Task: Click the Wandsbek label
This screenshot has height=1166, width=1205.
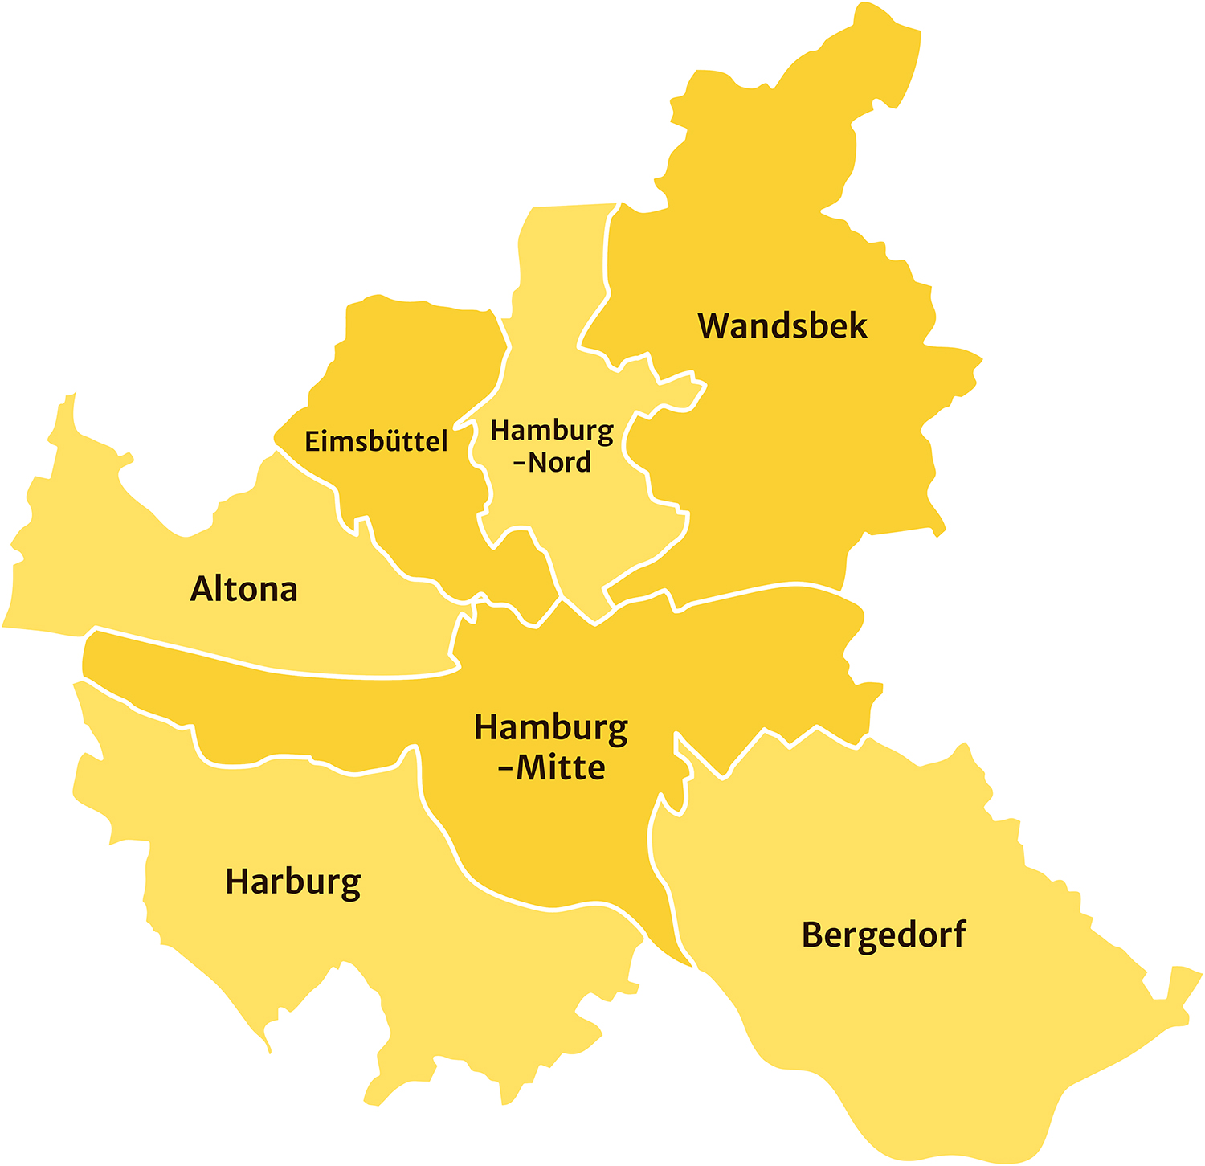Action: [x=782, y=326]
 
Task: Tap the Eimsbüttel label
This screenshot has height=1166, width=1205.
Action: [x=376, y=441]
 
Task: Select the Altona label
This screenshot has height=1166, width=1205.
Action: [x=244, y=589]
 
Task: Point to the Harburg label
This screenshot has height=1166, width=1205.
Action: [x=293, y=882]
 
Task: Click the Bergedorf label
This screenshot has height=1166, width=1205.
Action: [x=884, y=935]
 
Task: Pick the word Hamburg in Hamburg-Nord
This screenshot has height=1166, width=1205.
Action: [x=552, y=432]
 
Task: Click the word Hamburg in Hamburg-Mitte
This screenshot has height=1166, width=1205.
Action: [x=551, y=729]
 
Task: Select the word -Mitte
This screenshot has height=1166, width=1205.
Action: [x=551, y=767]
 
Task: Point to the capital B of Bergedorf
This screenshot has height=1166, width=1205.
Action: [x=812, y=935]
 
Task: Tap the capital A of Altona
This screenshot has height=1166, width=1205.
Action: [x=201, y=589]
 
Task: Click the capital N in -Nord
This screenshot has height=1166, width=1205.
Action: [x=538, y=463]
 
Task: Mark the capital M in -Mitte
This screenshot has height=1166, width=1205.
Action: [x=531, y=767]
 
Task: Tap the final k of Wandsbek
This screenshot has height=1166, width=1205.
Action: [x=858, y=325]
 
